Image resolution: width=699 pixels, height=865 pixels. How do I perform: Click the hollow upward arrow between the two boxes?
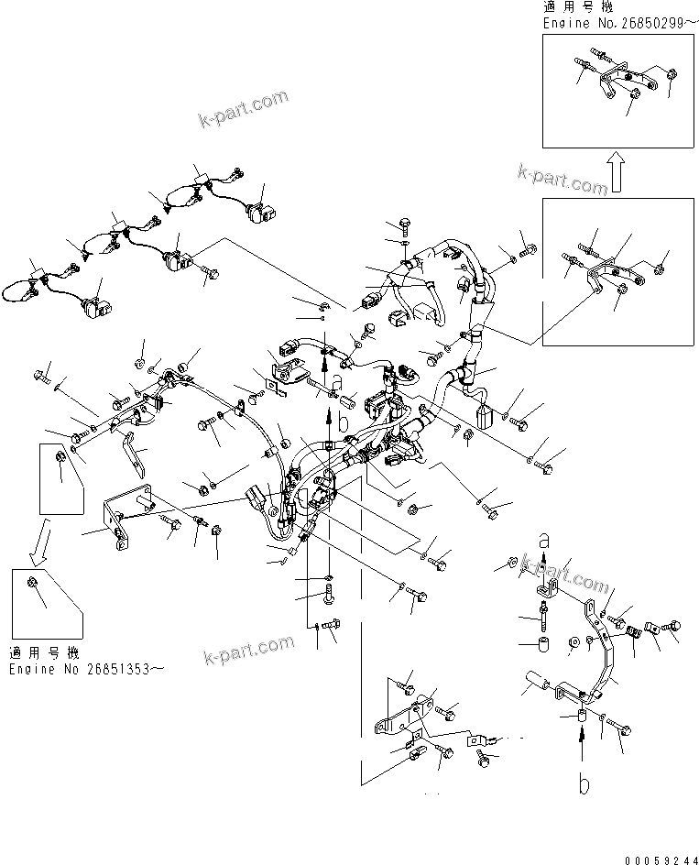(x=619, y=171)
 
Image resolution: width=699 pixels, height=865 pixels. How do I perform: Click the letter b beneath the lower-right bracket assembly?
(x=583, y=785)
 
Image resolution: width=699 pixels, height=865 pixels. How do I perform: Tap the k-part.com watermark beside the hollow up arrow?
(x=562, y=180)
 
